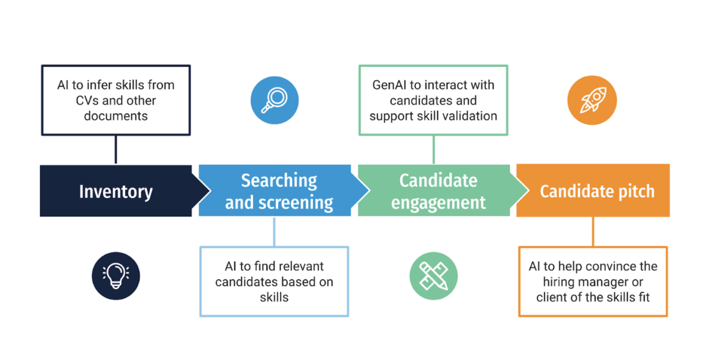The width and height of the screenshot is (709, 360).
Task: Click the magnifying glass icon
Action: [x=274, y=101]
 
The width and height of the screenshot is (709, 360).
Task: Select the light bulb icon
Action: [x=116, y=276]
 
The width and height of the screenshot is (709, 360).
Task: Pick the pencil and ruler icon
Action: [x=434, y=276]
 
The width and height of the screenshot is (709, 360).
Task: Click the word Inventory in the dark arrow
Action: [x=116, y=192]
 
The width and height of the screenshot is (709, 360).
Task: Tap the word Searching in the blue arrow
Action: [x=279, y=180]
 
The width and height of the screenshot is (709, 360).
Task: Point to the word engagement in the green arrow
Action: [x=438, y=203]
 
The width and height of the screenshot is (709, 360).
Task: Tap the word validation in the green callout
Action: [x=467, y=116]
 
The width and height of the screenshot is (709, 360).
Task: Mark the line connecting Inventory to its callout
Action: [x=116, y=149]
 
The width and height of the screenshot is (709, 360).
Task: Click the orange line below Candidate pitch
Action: [x=593, y=231]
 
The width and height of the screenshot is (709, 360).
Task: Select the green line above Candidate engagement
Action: [x=434, y=149]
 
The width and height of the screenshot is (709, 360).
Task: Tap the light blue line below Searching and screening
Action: [x=274, y=231]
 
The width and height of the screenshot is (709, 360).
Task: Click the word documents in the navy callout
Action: [x=116, y=116]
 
